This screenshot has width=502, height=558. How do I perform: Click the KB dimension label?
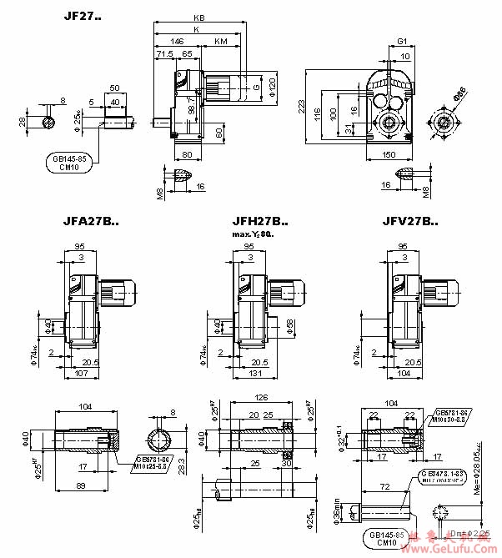pyautogui.click(x=198, y=18)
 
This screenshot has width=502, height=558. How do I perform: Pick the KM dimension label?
pyautogui.click(x=220, y=40)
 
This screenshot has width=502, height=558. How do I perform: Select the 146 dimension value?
pyautogui.click(x=176, y=40)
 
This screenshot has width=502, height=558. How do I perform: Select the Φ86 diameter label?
pyautogui.click(x=459, y=93)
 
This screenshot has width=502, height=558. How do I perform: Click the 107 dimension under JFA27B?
pyautogui.click(x=81, y=374)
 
